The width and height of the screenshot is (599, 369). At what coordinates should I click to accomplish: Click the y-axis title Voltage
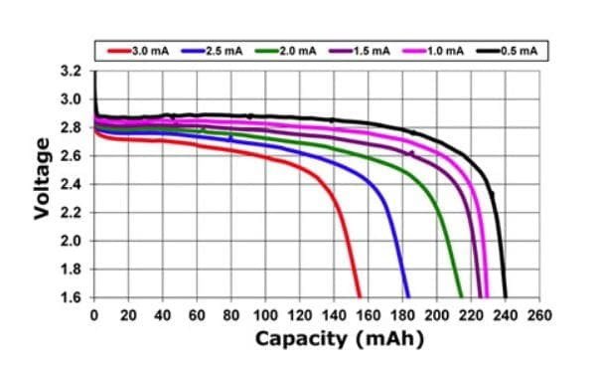[x=43, y=184]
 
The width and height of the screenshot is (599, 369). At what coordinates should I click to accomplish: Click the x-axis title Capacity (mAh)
[x=339, y=340]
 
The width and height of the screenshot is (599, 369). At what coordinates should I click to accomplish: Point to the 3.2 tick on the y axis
[x=72, y=72]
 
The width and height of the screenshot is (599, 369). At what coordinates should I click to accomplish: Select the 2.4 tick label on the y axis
[x=72, y=184]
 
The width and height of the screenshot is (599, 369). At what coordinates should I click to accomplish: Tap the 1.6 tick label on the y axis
[x=72, y=296]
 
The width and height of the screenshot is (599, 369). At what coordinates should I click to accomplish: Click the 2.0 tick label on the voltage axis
[x=72, y=241]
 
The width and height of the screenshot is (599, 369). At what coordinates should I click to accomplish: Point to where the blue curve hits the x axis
[x=408, y=296]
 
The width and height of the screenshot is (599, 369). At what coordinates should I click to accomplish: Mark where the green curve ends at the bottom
[x=461, y=296]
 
